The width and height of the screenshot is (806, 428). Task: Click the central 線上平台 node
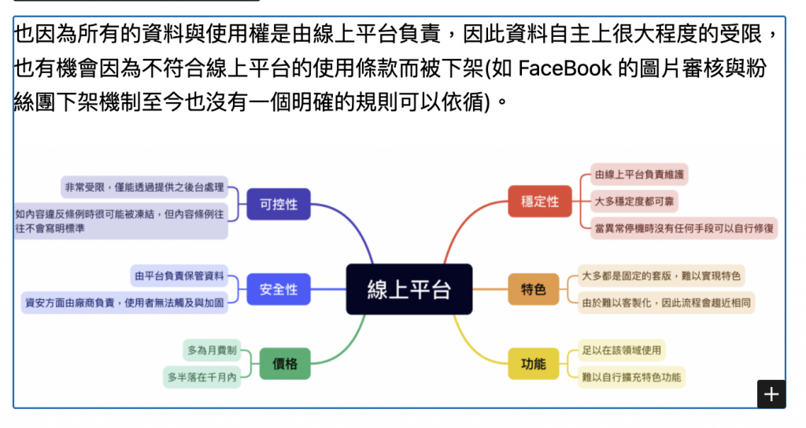(409, 289)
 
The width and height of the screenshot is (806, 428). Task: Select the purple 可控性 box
(279, 204)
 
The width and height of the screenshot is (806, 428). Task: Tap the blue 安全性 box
(279, 289)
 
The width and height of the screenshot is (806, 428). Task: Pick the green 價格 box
(285, 363)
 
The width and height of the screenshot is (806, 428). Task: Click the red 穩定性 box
(540, 201)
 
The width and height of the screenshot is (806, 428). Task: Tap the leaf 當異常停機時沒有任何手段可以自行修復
(684, 228)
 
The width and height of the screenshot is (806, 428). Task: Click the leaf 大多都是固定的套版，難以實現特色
(661, 275)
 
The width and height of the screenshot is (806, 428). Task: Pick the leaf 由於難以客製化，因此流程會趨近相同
(666, 302)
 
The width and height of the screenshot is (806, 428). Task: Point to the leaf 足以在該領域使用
(621, 349)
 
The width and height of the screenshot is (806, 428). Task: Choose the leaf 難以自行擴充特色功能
(630, 376)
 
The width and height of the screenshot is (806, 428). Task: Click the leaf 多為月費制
(212, 349)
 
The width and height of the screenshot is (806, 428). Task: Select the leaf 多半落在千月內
(201, 377)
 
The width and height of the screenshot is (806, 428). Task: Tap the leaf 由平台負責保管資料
(179, 275)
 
